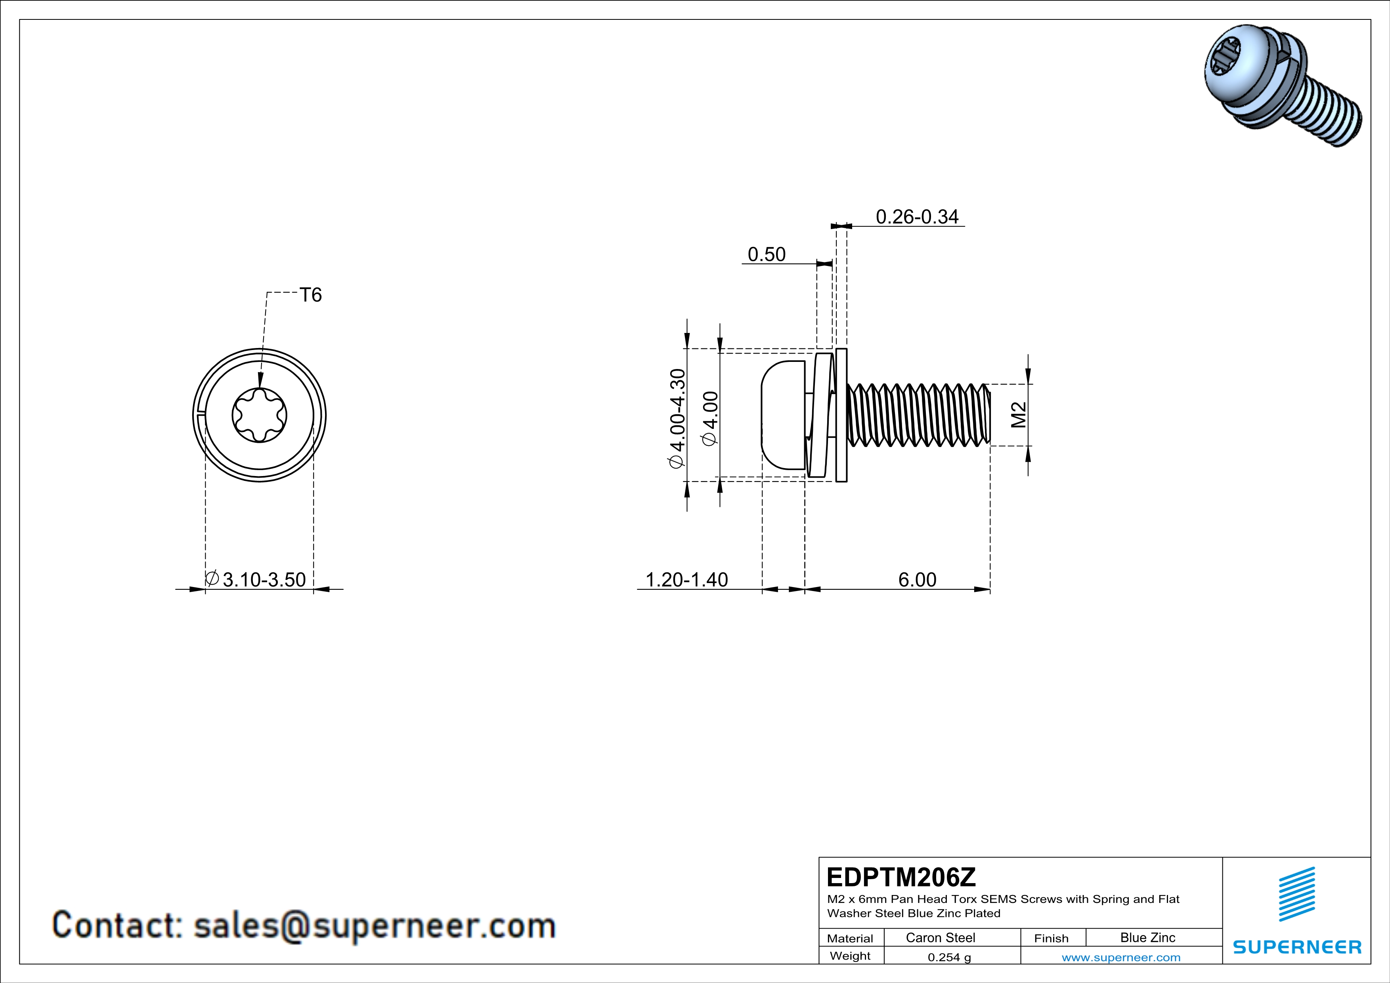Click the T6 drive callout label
click(311, 295)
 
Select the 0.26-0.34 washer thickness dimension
click(917, 217)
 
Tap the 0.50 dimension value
click(767, 254)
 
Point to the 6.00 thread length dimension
click(917, 580)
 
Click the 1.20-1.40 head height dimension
click(686, 580)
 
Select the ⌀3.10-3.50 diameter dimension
click(257, 580)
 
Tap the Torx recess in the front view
click(260, 415)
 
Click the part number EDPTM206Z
click(901, 877)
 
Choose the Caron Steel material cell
click(940, 937)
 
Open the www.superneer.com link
click(1120, 957)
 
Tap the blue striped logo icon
click(1297, 894)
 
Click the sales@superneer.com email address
click(374, 926)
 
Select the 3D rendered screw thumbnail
click(1282, 85)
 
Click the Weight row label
click(850, 956)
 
